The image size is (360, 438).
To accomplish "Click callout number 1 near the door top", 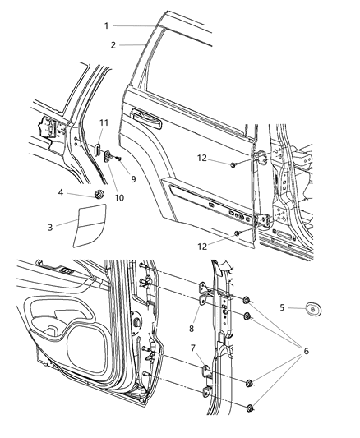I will [107, 25].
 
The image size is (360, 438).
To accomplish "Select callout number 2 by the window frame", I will [115, 44].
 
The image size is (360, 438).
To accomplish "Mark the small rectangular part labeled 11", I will [96, 150].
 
